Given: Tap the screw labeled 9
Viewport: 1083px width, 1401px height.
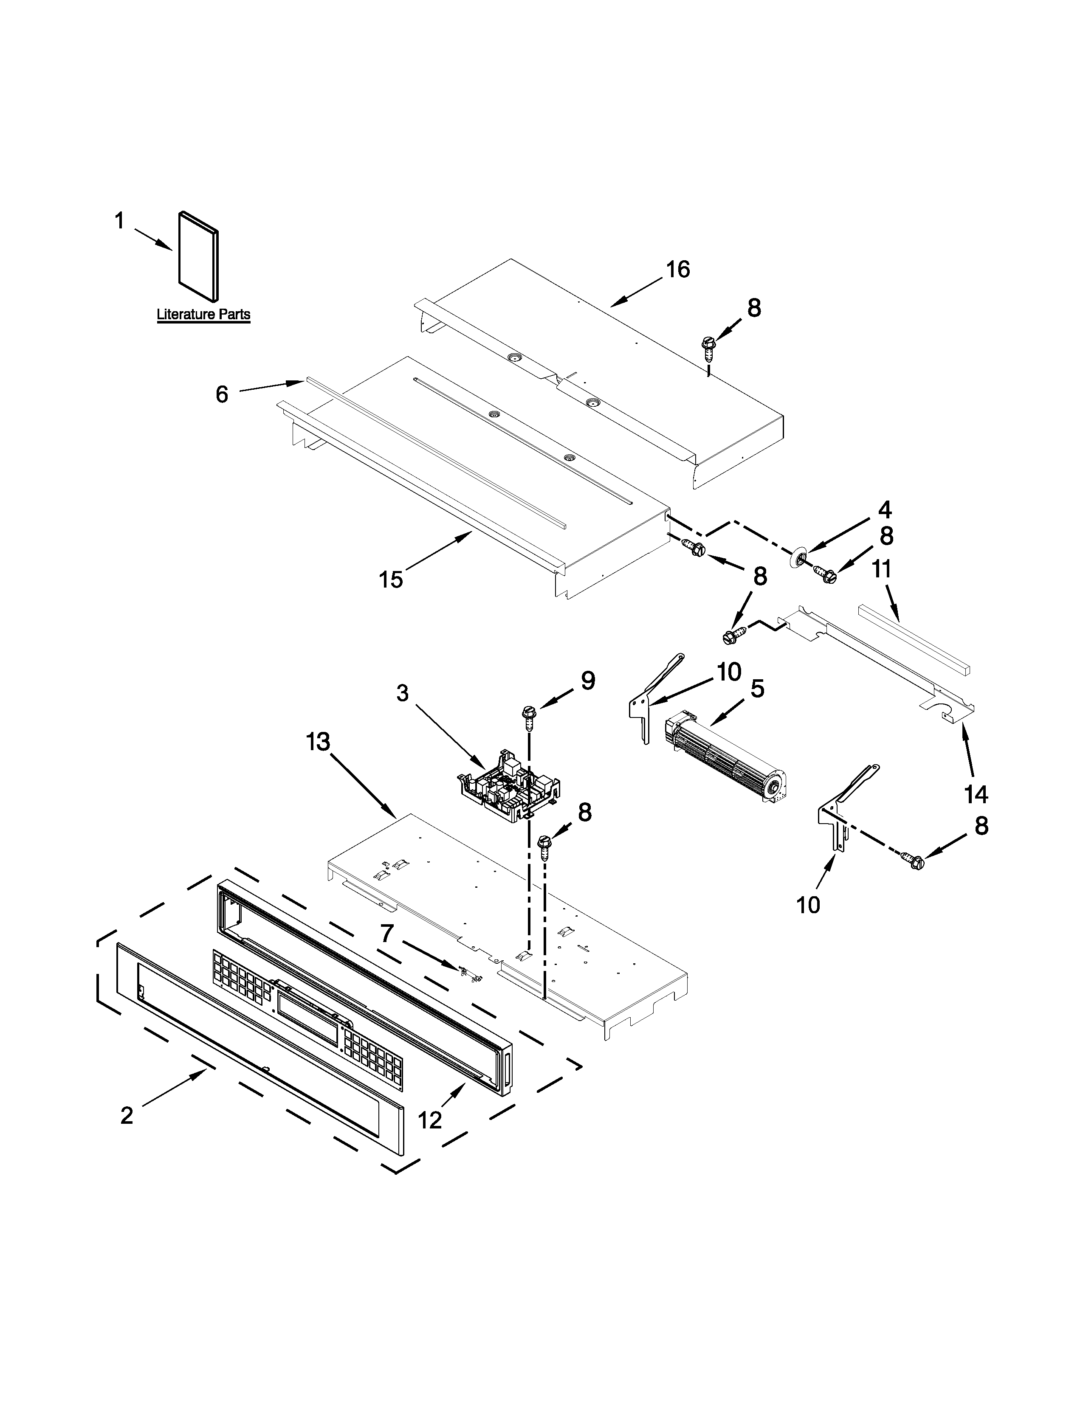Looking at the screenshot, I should click(529, 715).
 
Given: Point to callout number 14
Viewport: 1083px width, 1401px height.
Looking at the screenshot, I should click(976, 795).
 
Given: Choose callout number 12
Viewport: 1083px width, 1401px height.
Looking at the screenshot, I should click(430, 1120).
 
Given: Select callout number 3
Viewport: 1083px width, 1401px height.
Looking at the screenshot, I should click(402, 693).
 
